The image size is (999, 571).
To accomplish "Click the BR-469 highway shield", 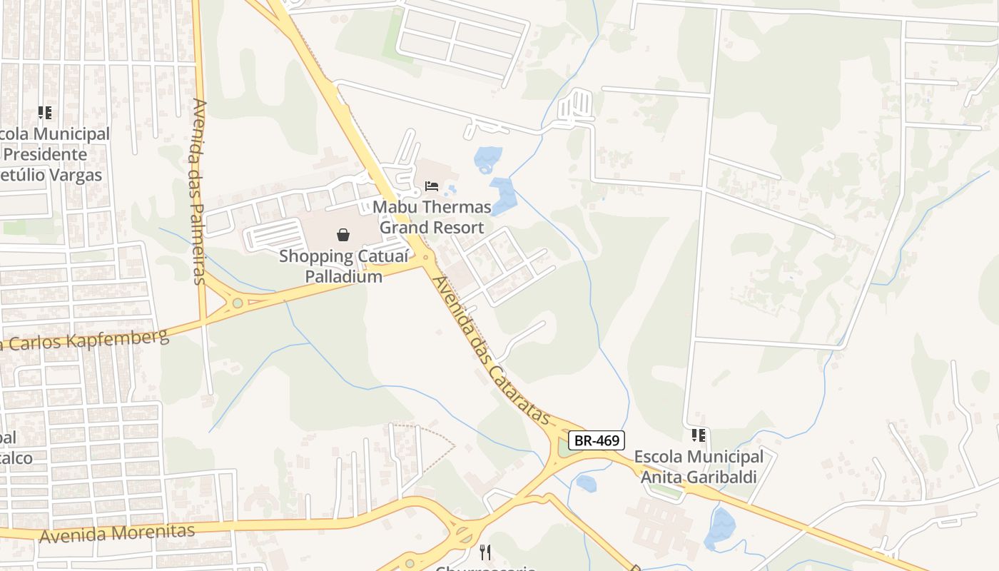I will pos(596,440).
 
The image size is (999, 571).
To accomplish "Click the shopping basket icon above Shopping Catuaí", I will pos(343,235).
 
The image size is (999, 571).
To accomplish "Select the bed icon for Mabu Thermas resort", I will pos(432,187).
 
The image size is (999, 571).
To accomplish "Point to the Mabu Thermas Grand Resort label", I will pos(432,217).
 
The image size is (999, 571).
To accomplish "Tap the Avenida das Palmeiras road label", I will pos(199,191).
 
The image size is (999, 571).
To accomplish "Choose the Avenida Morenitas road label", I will pos(117,533).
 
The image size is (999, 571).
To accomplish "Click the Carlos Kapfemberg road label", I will pos(86,340).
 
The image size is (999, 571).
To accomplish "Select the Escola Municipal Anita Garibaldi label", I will pos(699,466).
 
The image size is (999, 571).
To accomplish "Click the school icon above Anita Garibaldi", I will pos(699,435).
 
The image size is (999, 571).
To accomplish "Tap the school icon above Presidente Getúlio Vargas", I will pos(45,113).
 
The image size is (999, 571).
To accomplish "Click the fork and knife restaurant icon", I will pos(485,552).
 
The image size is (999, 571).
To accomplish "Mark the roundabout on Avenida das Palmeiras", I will pos(237,303).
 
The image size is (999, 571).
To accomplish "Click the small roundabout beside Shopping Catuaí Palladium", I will pos(426,257).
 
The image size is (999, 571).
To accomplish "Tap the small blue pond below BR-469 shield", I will pos(586,483).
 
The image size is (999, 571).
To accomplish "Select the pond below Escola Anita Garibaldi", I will pos(720,528).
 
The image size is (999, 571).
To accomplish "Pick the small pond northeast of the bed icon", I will pos(488,158).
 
